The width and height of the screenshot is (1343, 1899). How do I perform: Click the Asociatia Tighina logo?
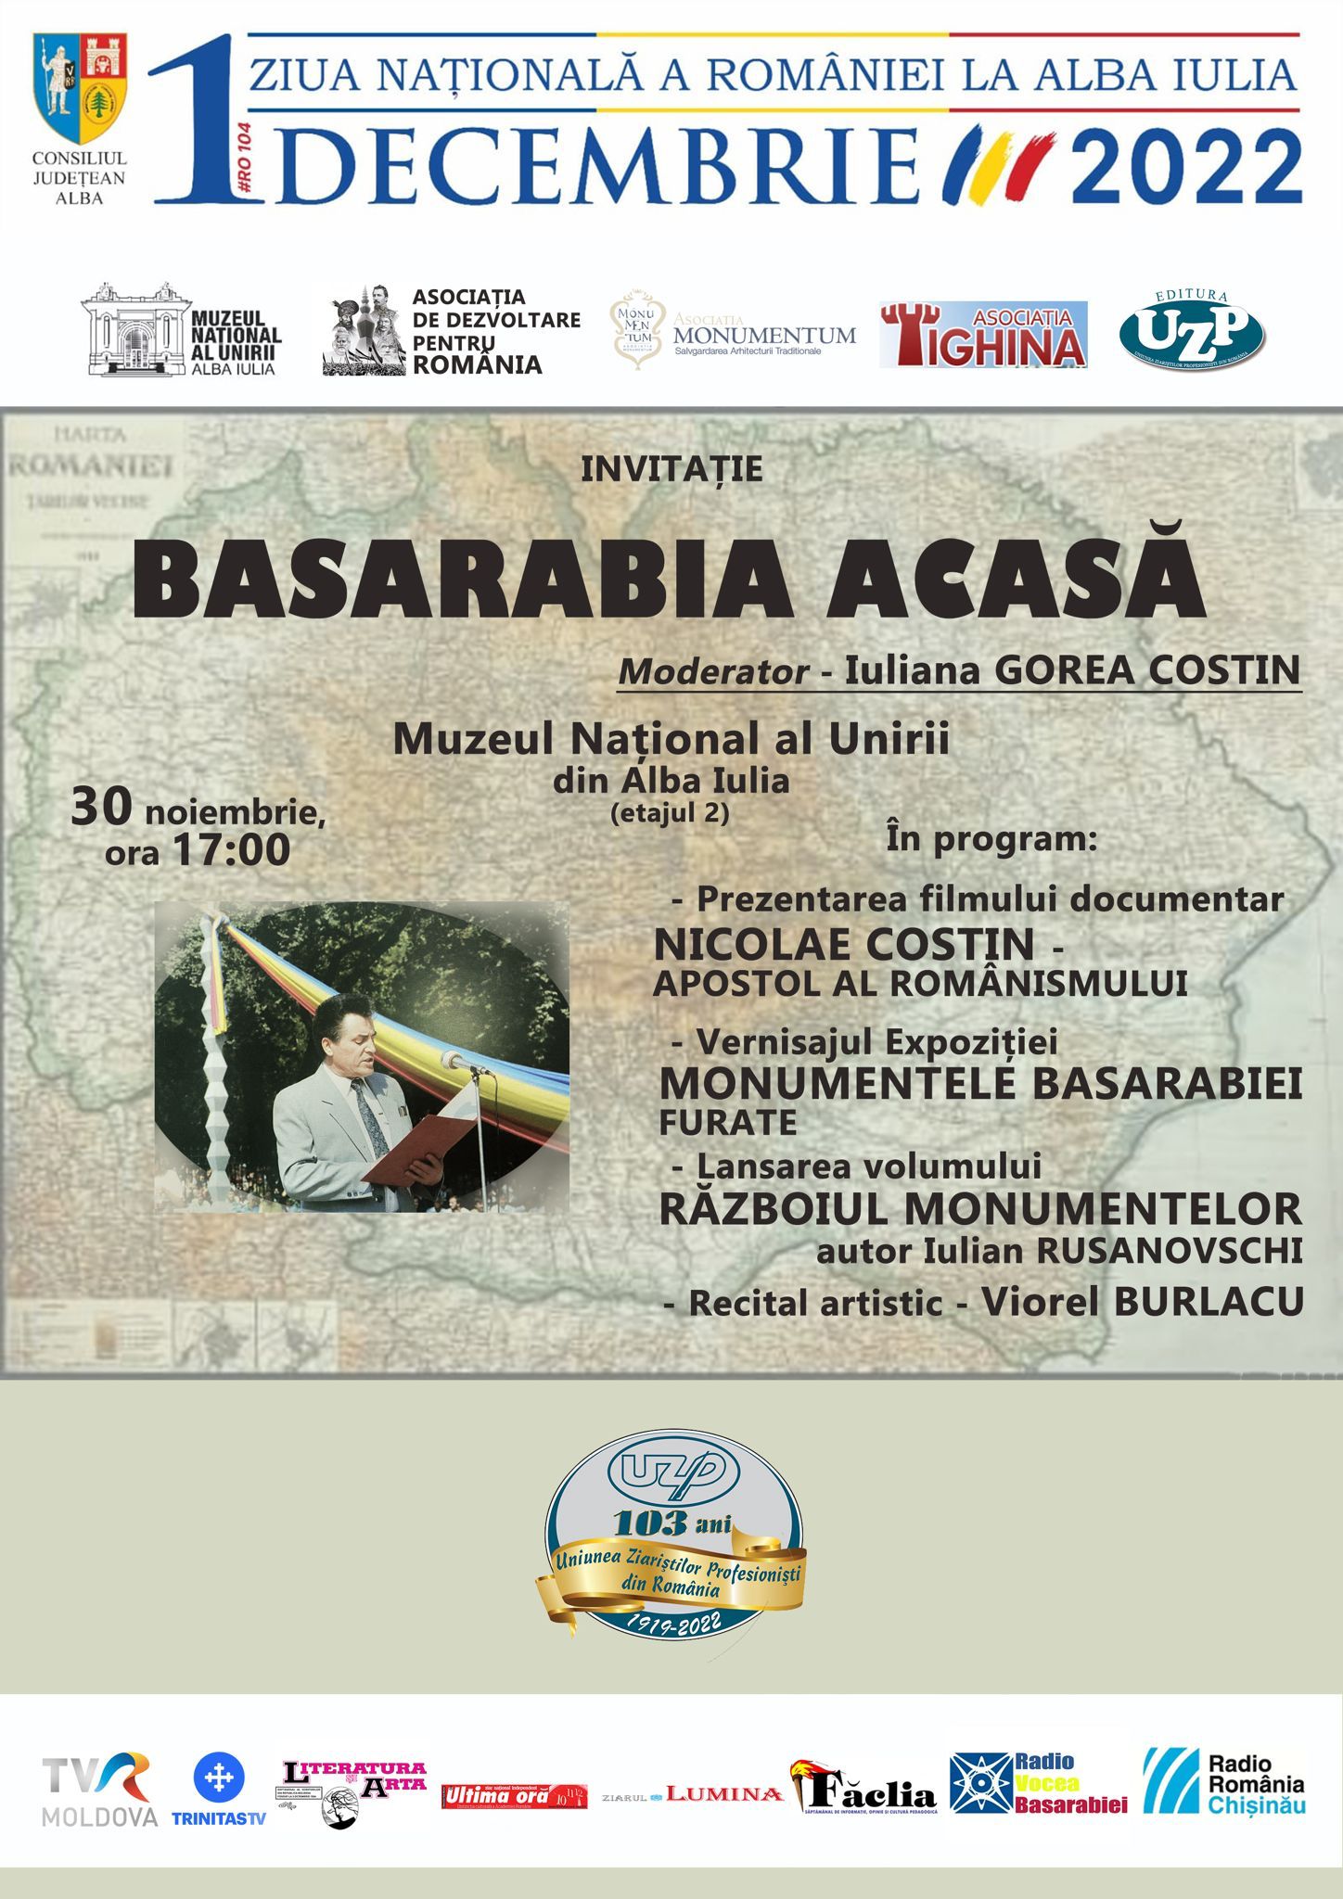[983, 335]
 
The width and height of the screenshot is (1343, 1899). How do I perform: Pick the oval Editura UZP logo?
[1192, 331]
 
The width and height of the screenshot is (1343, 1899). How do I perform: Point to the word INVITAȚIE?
[671, 469]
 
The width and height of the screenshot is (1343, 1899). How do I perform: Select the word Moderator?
[713, 671]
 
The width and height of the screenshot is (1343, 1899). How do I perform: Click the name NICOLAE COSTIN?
[844, 945]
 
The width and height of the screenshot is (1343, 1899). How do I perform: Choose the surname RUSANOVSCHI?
[1170, 1251]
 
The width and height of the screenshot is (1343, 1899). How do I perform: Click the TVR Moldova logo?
[99, 1789]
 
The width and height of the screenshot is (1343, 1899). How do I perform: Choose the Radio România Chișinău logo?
[1224, 1781]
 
